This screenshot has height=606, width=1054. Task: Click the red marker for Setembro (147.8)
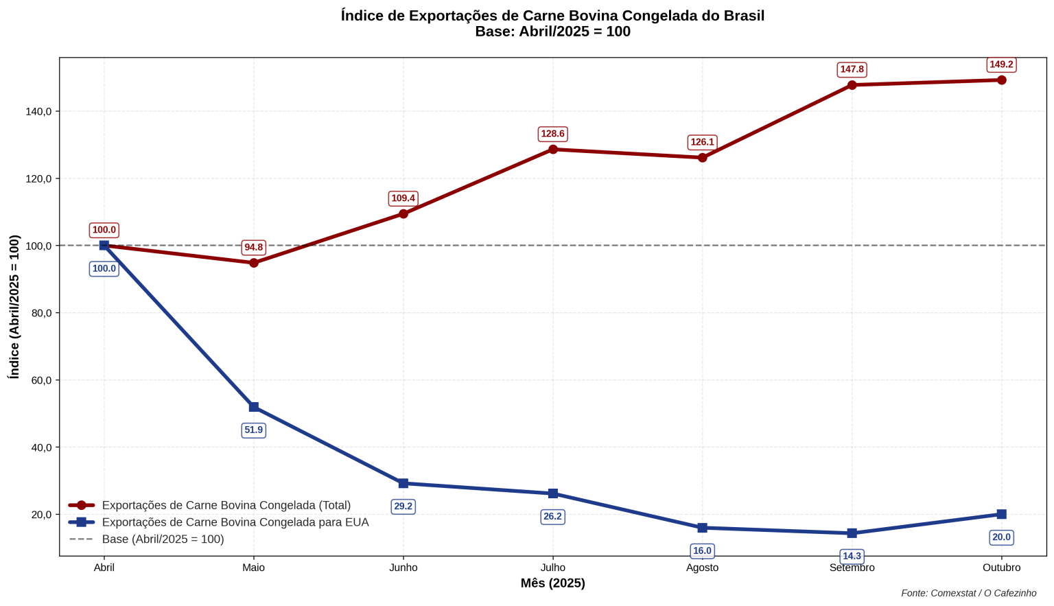point(852,85)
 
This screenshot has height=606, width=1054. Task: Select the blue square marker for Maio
point(254,407)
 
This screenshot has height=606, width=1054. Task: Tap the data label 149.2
point(1001,65)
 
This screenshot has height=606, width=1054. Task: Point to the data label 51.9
point(254,430)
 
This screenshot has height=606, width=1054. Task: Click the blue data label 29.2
point(403,506)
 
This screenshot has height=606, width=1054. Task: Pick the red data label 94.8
point(254,247)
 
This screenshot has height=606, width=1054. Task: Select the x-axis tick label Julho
point(552,568)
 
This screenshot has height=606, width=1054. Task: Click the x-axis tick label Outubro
point(1001,568)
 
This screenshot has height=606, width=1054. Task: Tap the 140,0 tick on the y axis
point(39,111)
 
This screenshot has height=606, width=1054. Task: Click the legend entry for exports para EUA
point(235,522)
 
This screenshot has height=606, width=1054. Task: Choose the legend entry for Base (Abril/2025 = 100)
point(163,539)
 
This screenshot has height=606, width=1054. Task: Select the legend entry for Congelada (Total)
point(226,505)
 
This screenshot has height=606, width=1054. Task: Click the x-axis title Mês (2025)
point(552,583)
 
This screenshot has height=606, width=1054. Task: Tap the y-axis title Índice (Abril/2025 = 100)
point(14,307)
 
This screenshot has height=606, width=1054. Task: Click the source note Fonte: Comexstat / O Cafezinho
point(968,593)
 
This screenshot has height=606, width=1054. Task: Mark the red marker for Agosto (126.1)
point(702,158)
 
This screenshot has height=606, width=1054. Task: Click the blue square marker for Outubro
point(1001,514)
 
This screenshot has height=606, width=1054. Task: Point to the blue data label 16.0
point(702,550)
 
